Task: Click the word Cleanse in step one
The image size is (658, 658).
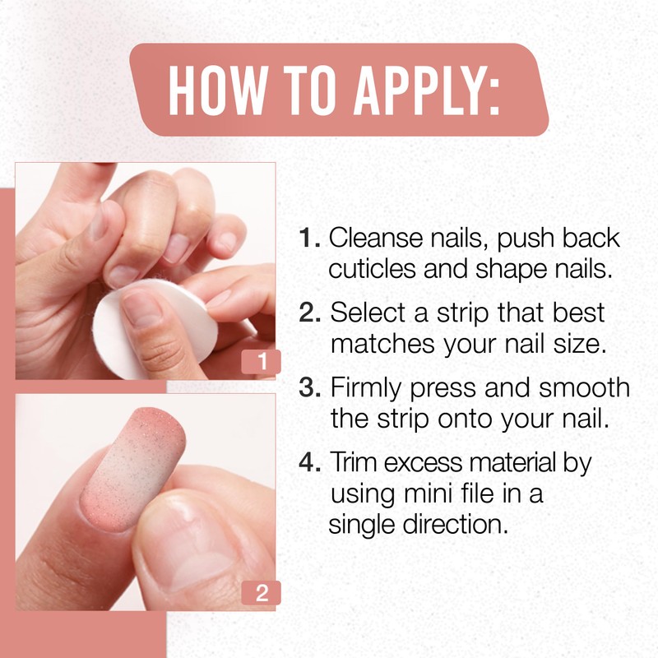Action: coord(375,239)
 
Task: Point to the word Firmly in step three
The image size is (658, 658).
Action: coord(363,387)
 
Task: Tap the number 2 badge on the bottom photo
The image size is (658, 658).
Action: coord(262,594)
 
